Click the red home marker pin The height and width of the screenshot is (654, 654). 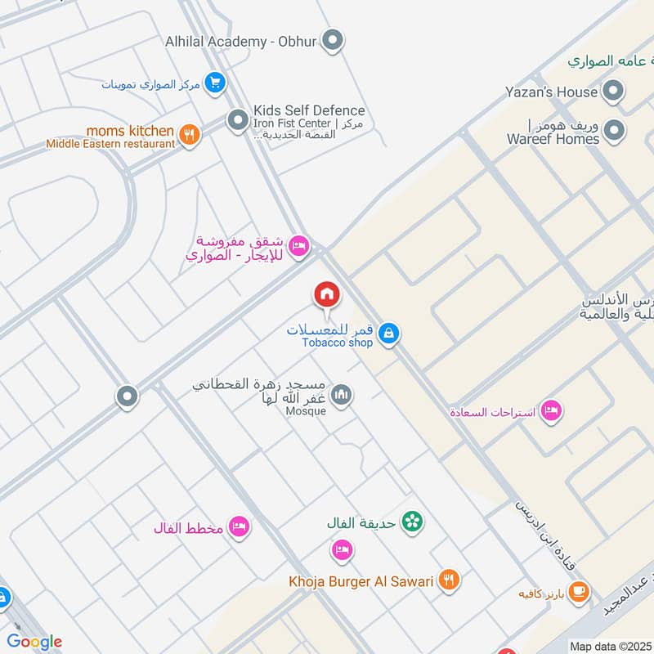pyautogui.click(x=326, y=295)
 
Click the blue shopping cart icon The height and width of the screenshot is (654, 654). pyautogui.click(x=215, y=83)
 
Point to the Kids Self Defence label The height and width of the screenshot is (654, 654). pyautogui.click(x=309, y=110)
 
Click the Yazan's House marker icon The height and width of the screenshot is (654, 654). pyautogui.click(x=612, y=92)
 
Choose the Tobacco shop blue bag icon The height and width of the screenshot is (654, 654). pyautogui.click(x=390, y=332)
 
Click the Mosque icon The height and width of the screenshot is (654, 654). pyautogui.click(x=343, y=395)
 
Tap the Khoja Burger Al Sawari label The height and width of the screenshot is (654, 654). pyautogui.click(x=361, y=581)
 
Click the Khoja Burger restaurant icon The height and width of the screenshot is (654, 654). pyautogui.click(x=448, y=580)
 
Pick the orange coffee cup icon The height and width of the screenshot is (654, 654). pyautogui.click(x=578, y=592)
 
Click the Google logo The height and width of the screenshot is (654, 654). pyautogui.click(x=34, y=642)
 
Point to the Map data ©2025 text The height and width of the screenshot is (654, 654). pyautogui.click(x=610, y=646)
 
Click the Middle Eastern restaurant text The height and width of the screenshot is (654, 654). pyautogui.click(x=110, y=144)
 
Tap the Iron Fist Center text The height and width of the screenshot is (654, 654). pyautogui.click(x=292, y=123)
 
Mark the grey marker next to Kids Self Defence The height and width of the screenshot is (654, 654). pyautogui.click(x=237, y=121)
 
